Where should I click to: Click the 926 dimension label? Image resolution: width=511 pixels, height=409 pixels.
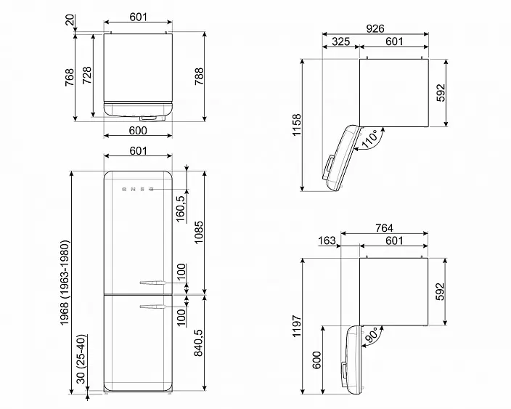pos(375,29)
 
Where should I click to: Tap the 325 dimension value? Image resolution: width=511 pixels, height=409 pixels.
pos(340,41)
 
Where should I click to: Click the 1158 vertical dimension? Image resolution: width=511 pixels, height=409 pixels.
pos(297,125)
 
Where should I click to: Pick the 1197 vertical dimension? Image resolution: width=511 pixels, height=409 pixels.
pos(297,326)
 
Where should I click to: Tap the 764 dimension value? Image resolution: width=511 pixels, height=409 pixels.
pos(384,227)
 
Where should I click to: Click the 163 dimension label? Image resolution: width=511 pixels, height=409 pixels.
pos(327,240)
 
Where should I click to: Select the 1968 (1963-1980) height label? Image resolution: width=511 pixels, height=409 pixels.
pos(65,283)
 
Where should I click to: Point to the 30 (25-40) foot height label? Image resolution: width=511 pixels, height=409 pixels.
pos(81,359)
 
